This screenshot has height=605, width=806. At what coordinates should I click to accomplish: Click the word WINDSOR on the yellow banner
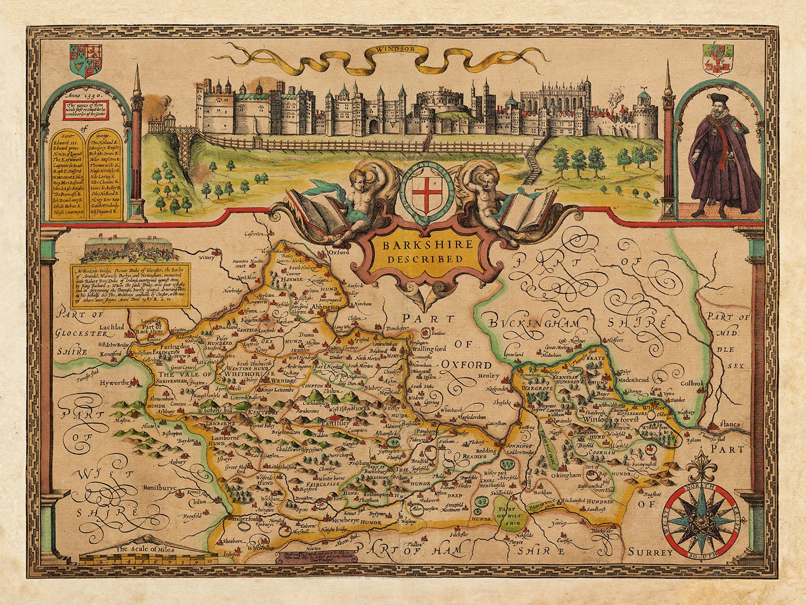395,49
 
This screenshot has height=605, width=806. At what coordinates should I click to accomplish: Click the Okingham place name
565,475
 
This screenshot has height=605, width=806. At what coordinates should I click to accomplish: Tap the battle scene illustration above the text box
127,249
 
